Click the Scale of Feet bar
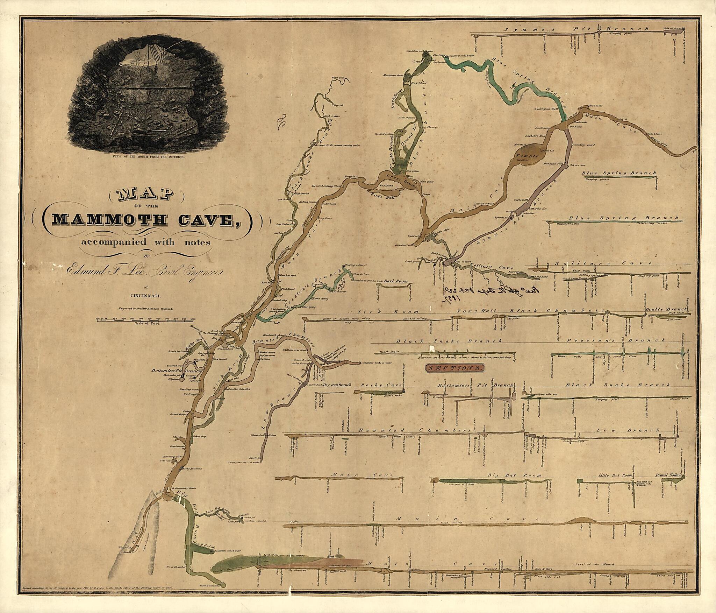pos(146,319)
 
